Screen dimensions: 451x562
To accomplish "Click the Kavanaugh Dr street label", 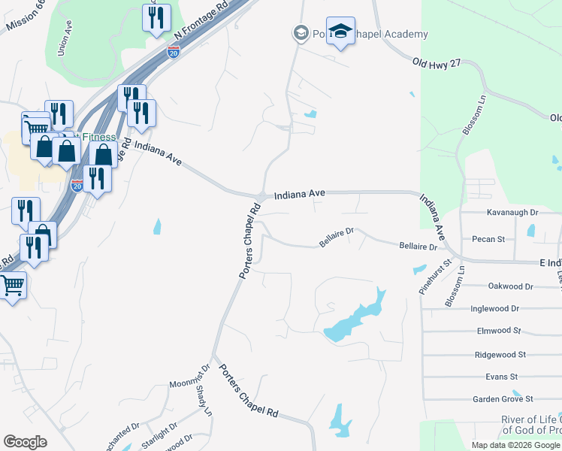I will (513, 213).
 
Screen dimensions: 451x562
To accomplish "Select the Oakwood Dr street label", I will (510, 286).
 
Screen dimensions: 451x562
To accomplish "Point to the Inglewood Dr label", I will (494, 308).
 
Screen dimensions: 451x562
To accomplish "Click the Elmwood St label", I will (499, 330).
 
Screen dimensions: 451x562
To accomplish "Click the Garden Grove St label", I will (503, 399).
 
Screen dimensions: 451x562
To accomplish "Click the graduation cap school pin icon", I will (340, 32).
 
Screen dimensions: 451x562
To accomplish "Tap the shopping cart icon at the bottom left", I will (12, 286).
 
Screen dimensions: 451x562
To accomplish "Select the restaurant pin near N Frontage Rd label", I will (156, 18).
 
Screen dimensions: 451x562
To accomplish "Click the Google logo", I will (25, 441).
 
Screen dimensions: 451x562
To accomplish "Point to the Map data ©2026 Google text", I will (515, 445).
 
